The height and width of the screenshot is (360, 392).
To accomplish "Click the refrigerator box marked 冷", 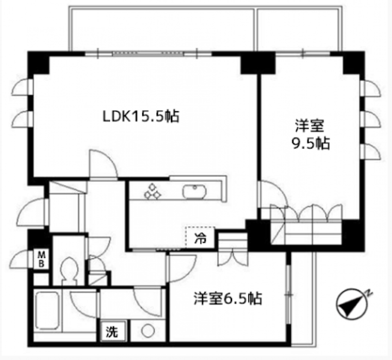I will pos(200,239).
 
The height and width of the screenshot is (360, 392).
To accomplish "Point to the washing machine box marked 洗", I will pos(112,332).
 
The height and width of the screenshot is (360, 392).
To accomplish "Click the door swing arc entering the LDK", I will pos(102,164).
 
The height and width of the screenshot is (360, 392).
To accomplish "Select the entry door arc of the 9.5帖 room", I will pos(272,194).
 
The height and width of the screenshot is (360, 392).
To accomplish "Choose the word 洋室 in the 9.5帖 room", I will pos(308,126).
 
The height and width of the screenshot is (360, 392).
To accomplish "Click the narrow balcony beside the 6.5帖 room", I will pos(301,299).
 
